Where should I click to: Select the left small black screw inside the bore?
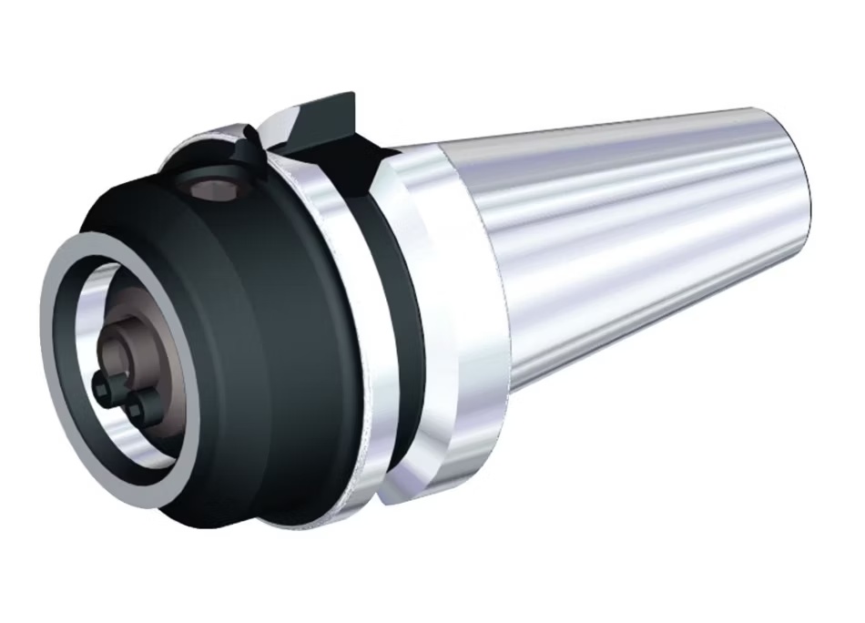[x=106, y=388]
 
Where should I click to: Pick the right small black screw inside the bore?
[x=137, y=407]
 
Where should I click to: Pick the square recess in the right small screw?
[x=137, y=408]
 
